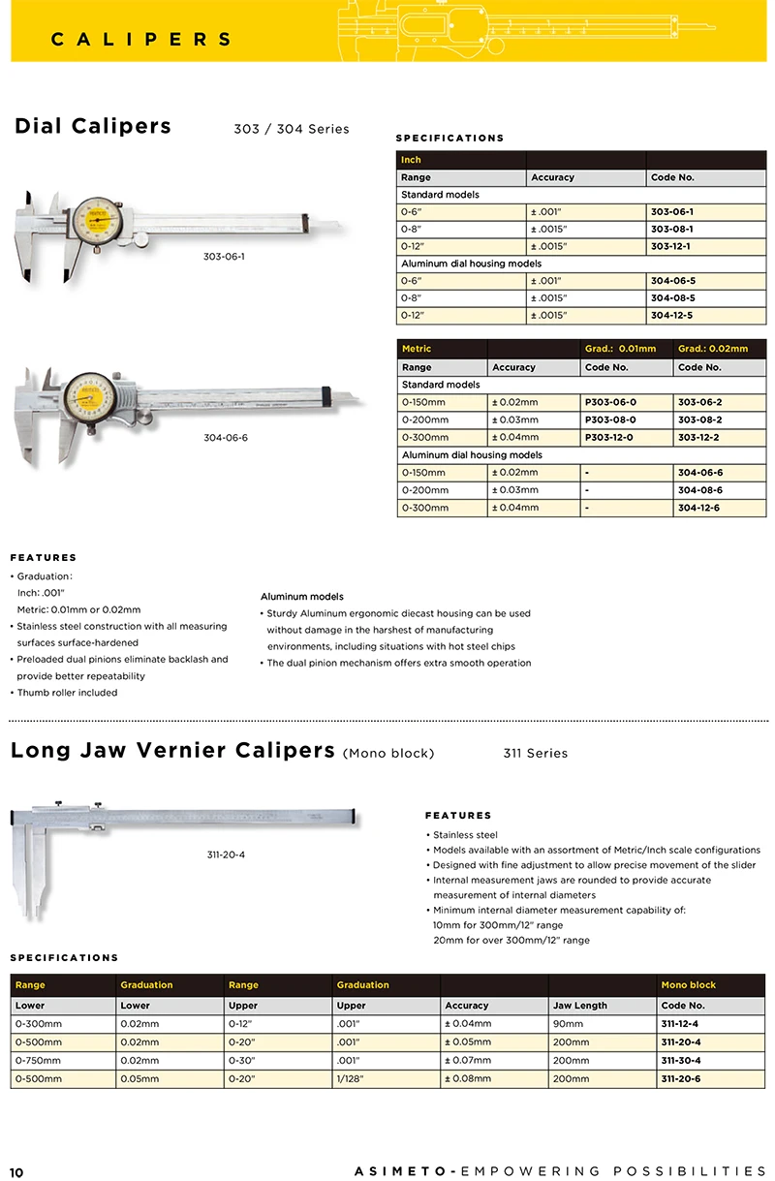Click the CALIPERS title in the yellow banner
141,40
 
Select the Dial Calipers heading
93,126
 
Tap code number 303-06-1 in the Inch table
671,211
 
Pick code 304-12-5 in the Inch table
671,315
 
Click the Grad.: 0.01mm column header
620,349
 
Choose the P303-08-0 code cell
610,420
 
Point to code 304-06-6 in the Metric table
699,473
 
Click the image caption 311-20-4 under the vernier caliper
226,855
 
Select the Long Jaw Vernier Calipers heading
172,751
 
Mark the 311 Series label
535,753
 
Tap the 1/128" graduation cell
351,1078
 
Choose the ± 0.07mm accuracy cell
467,1060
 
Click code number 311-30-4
680,1060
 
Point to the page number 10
16,1172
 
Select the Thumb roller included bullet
67,693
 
